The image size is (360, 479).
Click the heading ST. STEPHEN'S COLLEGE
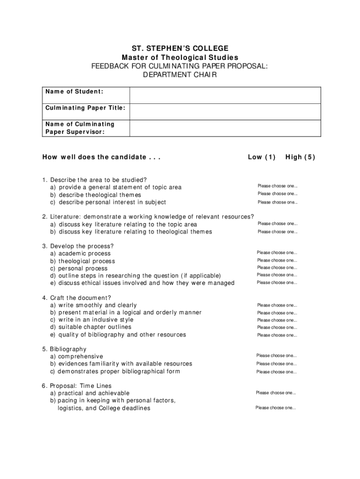click(x=180, y=48)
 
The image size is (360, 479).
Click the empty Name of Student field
click(x=225, y=95)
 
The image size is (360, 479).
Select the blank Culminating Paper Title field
click(x=225, y=111)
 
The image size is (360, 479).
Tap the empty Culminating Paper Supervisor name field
click(x=225, y=128)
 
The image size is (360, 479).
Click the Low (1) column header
click(x=262, y=157)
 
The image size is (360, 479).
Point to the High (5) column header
click(x=300, y=157)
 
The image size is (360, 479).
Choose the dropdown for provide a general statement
click(x=277, y=186)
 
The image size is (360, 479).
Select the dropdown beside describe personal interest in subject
click(x=277, y=202)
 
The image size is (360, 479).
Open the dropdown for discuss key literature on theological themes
click(x=277, y=232)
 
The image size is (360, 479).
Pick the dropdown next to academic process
click(x=277, y=253)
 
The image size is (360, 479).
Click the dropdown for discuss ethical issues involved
click(x=277, y=283)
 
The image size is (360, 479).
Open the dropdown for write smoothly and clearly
click(x=277, y=305)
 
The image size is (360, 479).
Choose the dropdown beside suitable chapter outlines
click(x=277, y=327)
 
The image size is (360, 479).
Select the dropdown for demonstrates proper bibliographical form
click(x=277, y=372)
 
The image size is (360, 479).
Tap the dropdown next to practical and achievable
click(x=276, y=393)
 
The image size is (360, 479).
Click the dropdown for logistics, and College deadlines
click(x=275, y=408)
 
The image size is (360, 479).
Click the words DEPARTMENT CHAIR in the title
click(x=180, y=74)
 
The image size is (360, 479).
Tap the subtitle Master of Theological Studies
click(x=180, y=57)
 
